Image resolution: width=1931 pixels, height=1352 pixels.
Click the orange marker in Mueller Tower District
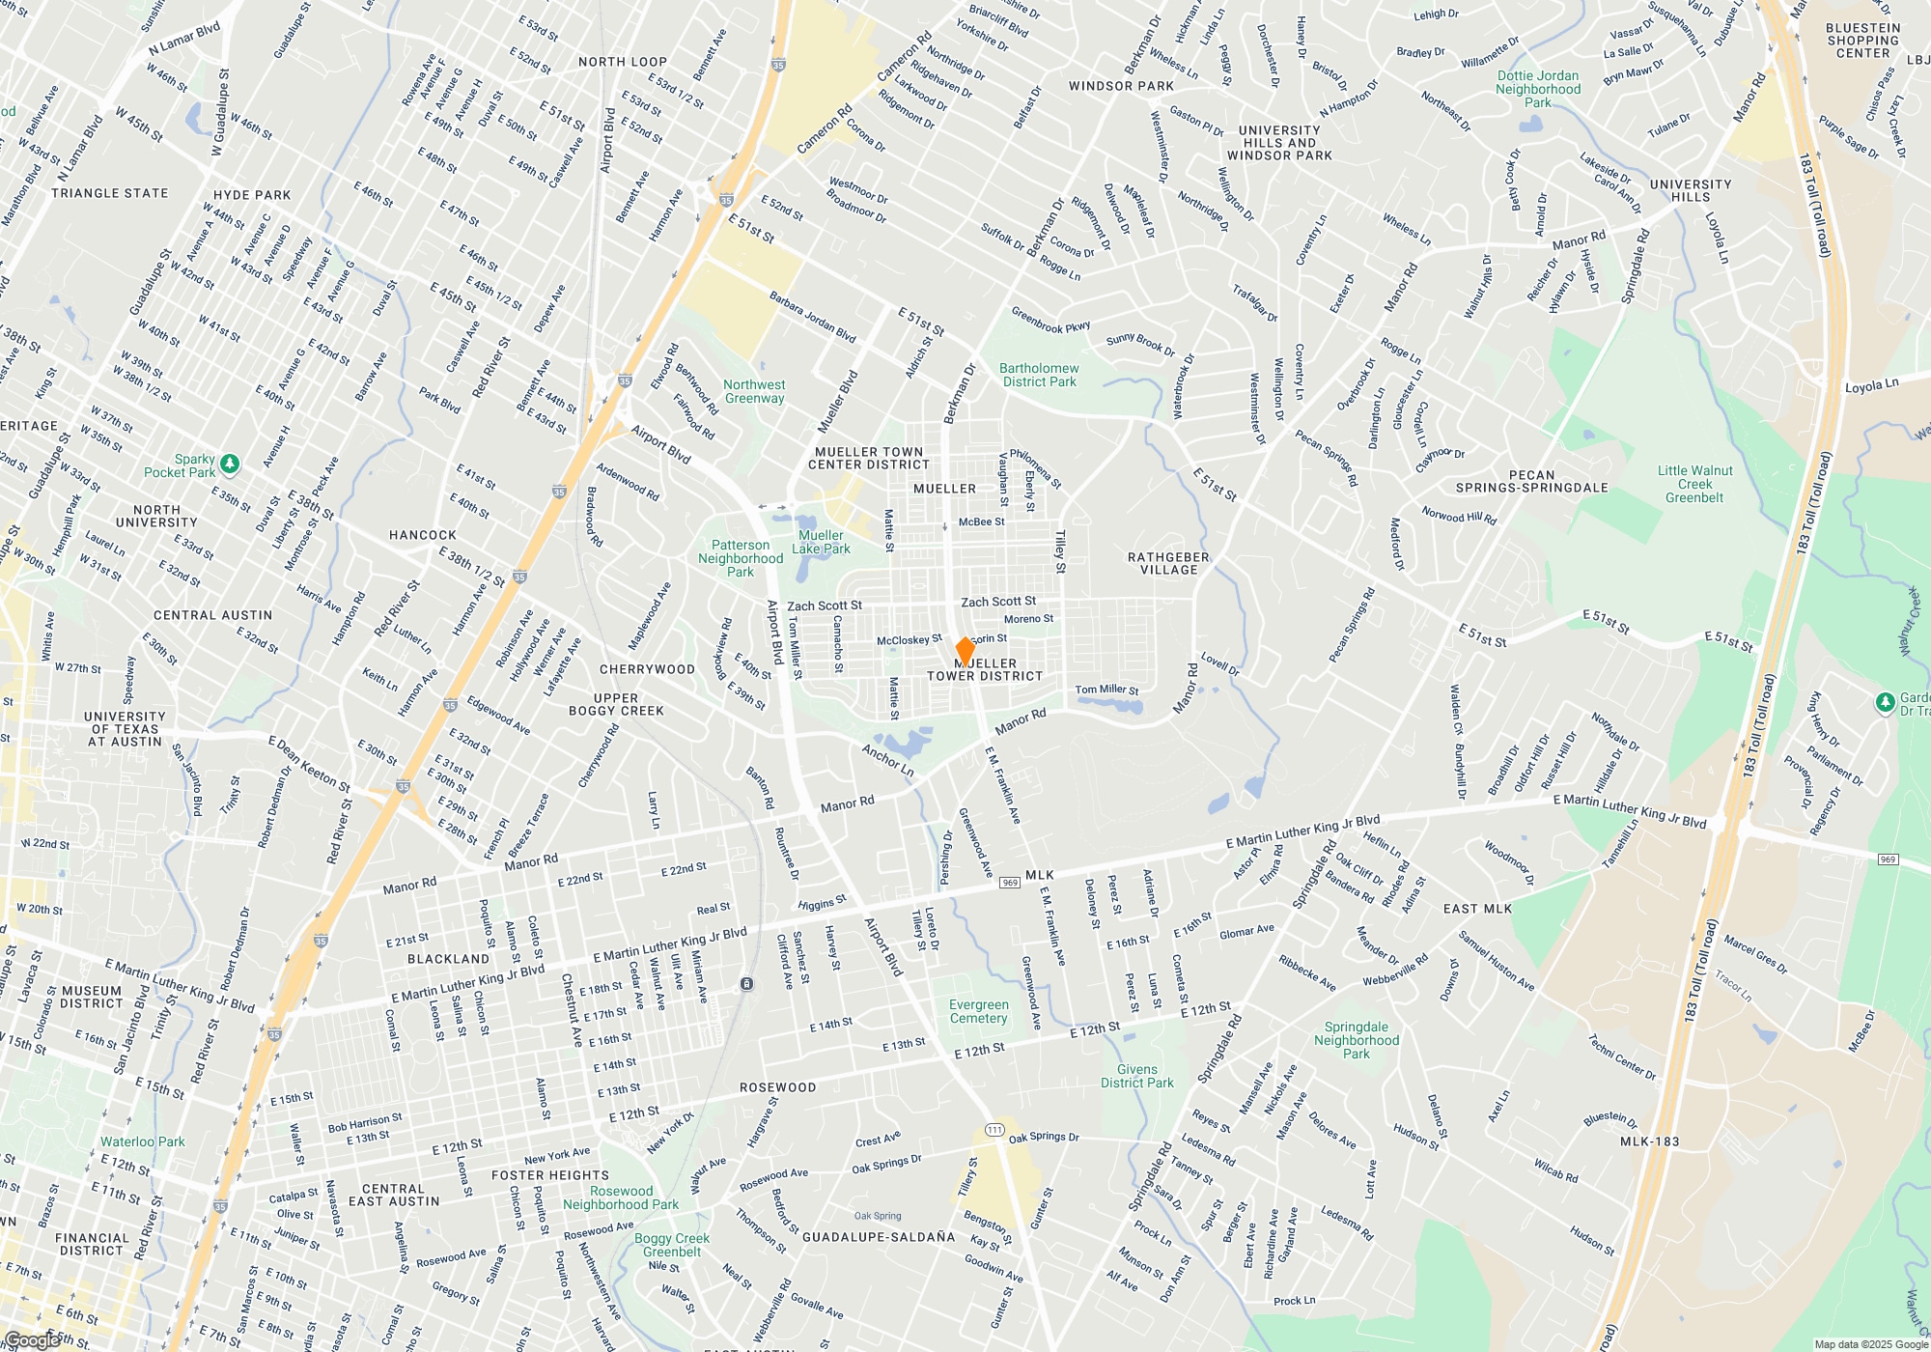tap(965, 651)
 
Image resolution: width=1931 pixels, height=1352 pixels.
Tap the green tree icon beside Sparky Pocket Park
tap(230, 465)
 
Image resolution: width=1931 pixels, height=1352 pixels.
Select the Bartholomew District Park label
tap(1039, 375)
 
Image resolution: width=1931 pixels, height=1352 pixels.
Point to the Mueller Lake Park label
tap(821, 542)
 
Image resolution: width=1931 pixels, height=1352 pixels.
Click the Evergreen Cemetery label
tap(978, 1011)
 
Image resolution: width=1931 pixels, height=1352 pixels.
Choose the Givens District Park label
tap(1137, 1076)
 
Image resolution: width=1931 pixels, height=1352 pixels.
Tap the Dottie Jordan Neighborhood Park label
tap(1538, 89)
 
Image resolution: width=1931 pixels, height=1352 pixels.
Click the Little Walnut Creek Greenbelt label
tap(1694, 484)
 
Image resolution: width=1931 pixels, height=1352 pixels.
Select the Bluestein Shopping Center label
tap(1862, 41)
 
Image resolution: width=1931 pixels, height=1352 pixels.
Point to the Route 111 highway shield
tap(994, 1130)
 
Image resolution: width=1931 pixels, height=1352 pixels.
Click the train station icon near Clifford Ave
tap(747, 984)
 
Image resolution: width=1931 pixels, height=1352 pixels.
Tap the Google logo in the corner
tap(31, 1340)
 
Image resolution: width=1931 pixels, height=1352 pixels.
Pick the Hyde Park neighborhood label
tap(252, 195)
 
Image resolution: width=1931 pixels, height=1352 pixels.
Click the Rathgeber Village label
tap(1168, 563)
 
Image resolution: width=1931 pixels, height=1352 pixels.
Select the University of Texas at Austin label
tap(125, 729)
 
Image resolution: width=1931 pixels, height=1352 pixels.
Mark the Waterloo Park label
tap(142, 1141)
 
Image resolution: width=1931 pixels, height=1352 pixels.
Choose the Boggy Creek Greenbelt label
tap(672, 1245)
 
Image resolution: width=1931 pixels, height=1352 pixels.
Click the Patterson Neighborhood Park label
tap(741, 558)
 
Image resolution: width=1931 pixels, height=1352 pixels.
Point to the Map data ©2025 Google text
tap(1870, 1344)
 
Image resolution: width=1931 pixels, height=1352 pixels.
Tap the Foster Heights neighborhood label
tap(550, 1175)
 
